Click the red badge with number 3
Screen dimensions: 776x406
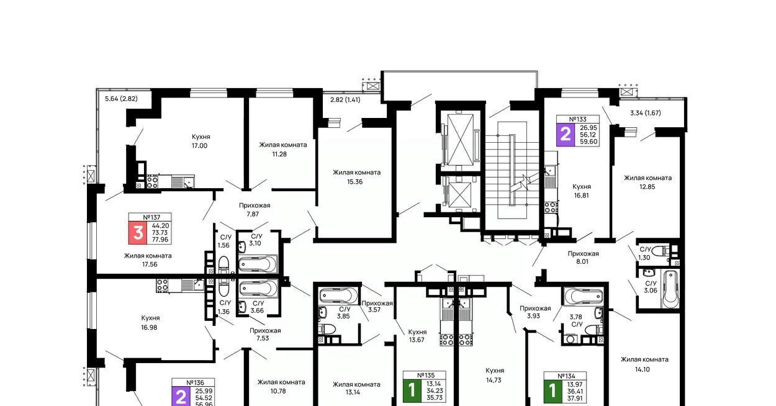pos(138,233)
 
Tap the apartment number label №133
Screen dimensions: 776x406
pos(577,120)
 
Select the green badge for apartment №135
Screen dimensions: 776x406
pos(412,390)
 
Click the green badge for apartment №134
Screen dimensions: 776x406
pos(553,391)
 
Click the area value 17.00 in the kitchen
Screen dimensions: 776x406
pos(199,146)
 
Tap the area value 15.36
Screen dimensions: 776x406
pos(355,181)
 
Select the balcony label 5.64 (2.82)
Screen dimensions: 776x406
pos(121,99)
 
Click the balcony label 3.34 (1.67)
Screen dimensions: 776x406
pos(646,113)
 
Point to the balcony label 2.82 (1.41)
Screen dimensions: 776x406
pos(345,100)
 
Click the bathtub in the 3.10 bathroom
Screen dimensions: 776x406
pos(258,264)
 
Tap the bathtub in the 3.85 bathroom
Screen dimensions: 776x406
pos(339,296)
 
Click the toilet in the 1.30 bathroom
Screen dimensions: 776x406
pos(664,250)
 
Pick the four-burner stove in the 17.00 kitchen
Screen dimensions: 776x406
pos(152,182)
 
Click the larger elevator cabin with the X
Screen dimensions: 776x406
pos(460,140)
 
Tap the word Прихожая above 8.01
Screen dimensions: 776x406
pos(583,253)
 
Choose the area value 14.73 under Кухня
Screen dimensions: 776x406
pos(494,380)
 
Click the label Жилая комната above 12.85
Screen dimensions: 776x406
pos(647,178)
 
